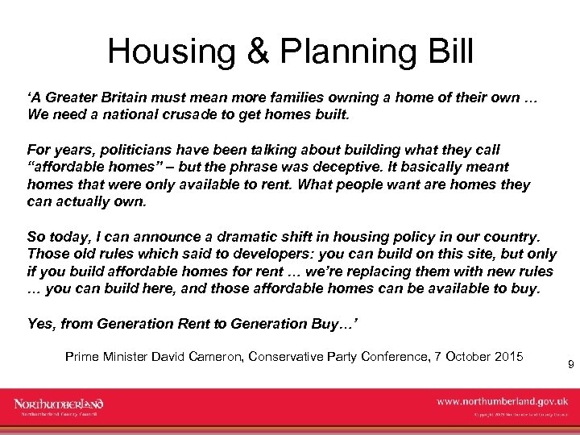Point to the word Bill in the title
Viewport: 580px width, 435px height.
pos(450,52)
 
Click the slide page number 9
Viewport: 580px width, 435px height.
pos(570,365)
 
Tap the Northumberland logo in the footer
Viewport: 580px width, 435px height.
pos(59,405)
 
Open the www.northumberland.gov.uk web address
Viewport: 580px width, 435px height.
pos(503,400)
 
